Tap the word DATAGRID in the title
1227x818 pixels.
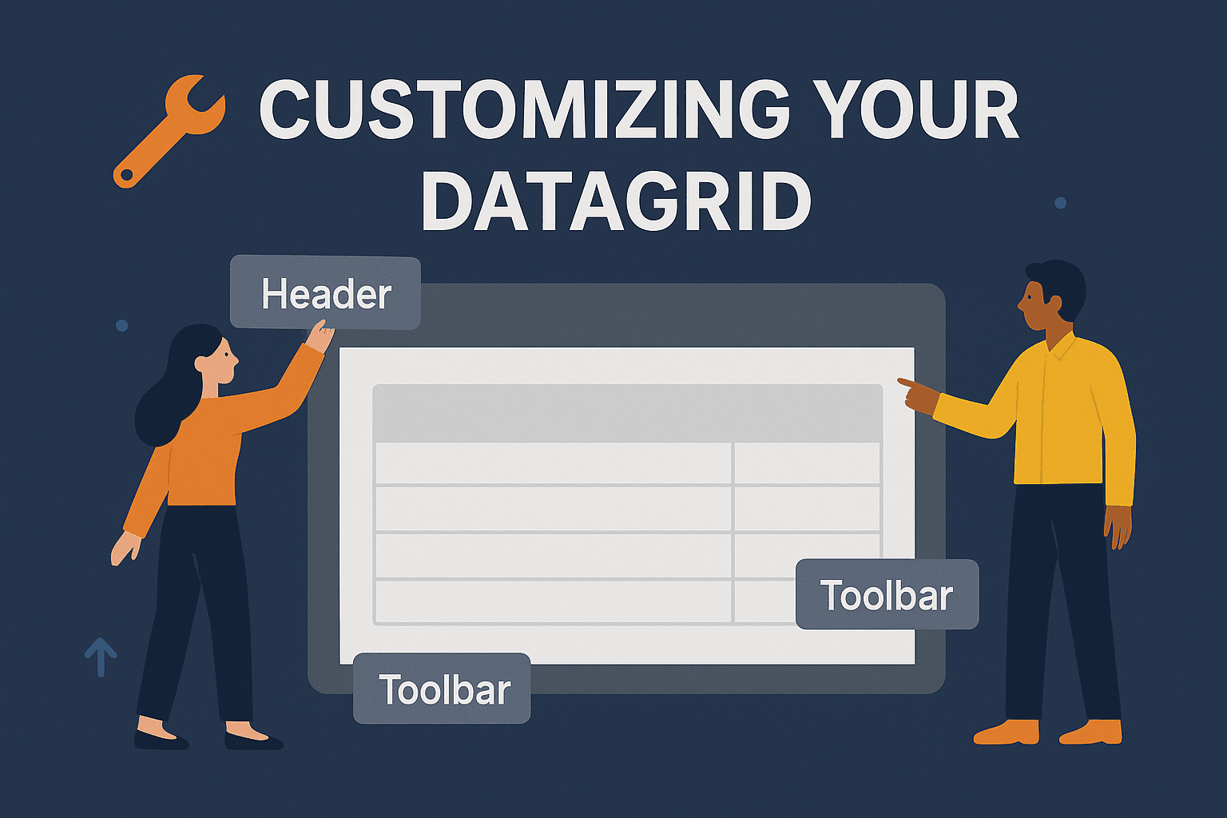point(616,201)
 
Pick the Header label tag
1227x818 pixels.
point(325,292)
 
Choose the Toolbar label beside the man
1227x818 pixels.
point(887,594)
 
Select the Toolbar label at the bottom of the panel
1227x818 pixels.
point(442,688)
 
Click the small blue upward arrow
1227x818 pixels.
point(101,657)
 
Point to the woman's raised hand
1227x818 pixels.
point(320,336)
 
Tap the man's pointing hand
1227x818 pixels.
point(918,395)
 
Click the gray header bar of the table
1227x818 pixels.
point(627,413)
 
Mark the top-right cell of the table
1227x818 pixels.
point(806,463)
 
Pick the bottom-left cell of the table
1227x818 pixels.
point(554,601)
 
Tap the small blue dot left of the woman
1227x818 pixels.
point(121,325)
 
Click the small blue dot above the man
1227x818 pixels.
point(1061,203)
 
